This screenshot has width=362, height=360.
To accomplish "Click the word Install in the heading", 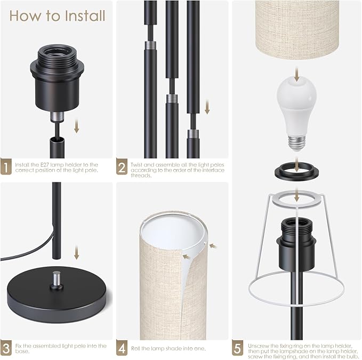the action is [85, 15].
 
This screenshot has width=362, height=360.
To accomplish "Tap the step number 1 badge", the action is [6, 166].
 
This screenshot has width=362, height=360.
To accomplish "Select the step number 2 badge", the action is [122, 166].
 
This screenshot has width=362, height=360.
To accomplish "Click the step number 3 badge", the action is [6, 348].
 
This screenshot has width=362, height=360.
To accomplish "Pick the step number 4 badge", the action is [122, 348].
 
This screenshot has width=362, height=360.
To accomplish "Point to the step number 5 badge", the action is [238, 348].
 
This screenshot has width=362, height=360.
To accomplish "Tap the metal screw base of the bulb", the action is [297, 142].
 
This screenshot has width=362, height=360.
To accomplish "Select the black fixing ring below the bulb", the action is [296, 172].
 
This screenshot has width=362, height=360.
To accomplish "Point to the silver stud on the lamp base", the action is [57, 279].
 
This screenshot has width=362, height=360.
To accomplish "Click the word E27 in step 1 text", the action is [45, 165].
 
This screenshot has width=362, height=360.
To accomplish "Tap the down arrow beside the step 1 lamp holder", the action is [77, 127].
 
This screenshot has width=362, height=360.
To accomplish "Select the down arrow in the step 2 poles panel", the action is [207, 107].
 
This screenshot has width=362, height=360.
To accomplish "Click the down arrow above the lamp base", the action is [77, 252].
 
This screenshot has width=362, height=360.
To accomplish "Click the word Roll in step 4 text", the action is [135, 348].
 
